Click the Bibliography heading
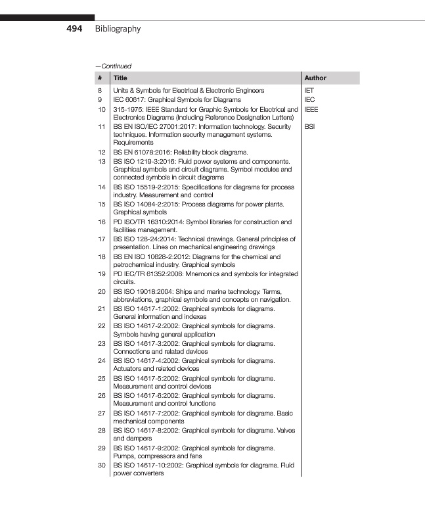[118, 29]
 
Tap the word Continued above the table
[115, 66]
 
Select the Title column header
[120, 78]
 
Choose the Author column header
[315, 78]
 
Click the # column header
[100, 78]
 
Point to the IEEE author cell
[312, 107]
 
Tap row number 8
[100, 89]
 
